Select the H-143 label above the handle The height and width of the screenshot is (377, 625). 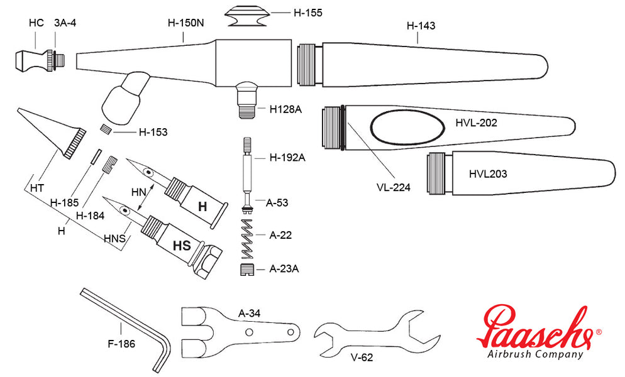click(x=421, y=26)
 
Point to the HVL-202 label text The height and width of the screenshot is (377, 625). click(x=476, y=123)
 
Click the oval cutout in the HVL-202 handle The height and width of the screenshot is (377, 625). click(x=407, y=128)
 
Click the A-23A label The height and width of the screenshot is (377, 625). click(x=284, y=269)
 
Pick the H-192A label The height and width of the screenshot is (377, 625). click(x=287, y=157)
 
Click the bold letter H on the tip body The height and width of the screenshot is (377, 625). click(x=202, y=206)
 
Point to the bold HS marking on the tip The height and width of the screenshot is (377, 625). click(x=182, y=246)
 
